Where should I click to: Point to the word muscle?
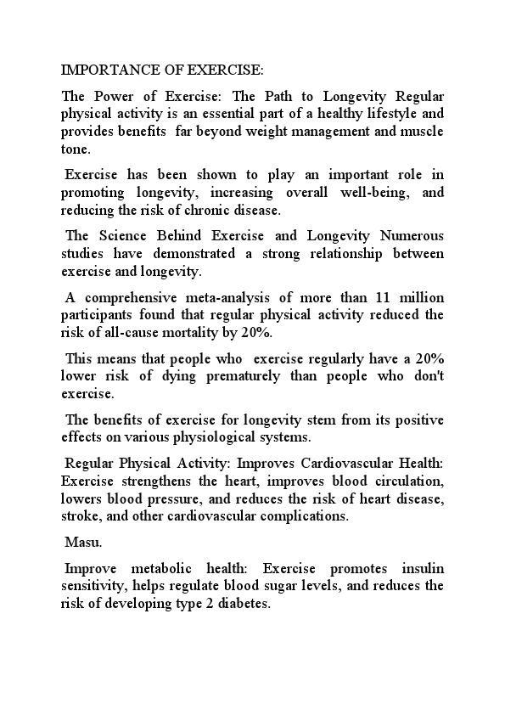tap(421, 131)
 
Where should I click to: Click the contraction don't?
tap(427, 376)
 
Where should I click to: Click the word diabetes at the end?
tap(244, 604)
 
